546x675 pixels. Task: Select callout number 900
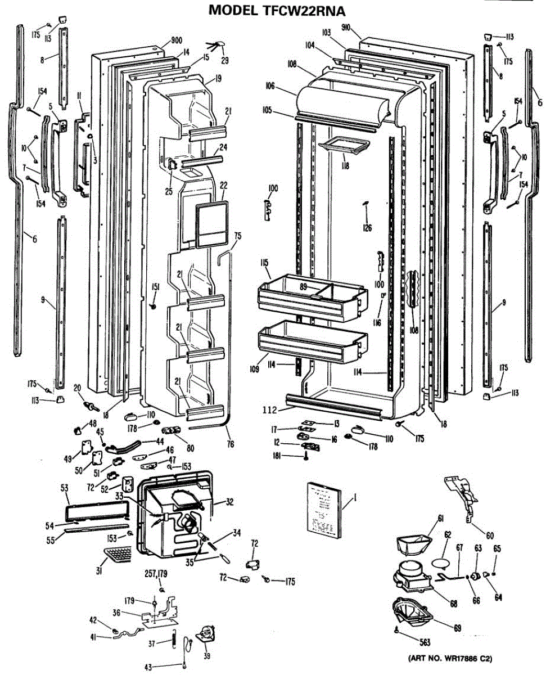[176, 41]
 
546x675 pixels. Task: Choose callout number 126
[368, 227]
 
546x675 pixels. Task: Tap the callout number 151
[155, 287]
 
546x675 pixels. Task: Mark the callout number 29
[224, 60]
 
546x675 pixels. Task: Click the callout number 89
[303, 287]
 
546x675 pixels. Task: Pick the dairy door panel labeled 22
[212, 225]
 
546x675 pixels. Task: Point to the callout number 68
[453, 604]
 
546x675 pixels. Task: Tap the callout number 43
[148, 667]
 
